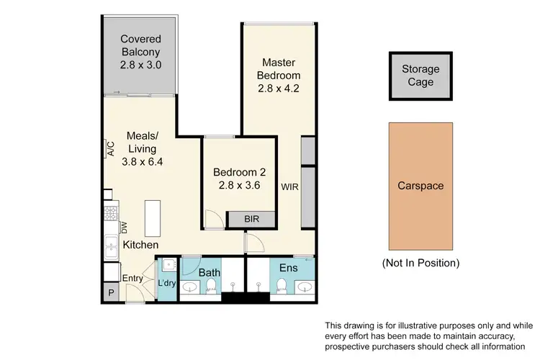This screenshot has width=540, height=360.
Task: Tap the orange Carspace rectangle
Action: [x=420, y=186]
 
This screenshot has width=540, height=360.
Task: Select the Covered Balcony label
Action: [x=140, y=45]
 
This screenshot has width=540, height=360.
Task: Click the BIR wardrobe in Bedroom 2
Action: [x=251, y=219]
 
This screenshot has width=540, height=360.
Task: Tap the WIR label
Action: [x=289, y=188]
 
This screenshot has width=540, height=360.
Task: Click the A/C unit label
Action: [x=111, y=149]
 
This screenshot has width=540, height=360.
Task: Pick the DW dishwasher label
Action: [x=124, y=227]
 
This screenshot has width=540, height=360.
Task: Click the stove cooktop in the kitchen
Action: [x=111, y=214]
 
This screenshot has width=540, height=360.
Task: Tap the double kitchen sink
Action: [x=111, y=248]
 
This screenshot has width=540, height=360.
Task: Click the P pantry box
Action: [x=111, y=292]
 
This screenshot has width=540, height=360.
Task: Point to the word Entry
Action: [x=132, y=279]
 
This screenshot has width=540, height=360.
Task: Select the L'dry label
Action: [x=167, y=284]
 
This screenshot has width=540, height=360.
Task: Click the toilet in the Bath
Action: [x=211, y=289]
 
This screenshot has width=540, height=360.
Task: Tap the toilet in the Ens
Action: [x=281, y=289]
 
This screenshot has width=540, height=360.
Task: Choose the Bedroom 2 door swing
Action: [x=212, y=217]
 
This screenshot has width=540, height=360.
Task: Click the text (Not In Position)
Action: [x=420, y=264]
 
